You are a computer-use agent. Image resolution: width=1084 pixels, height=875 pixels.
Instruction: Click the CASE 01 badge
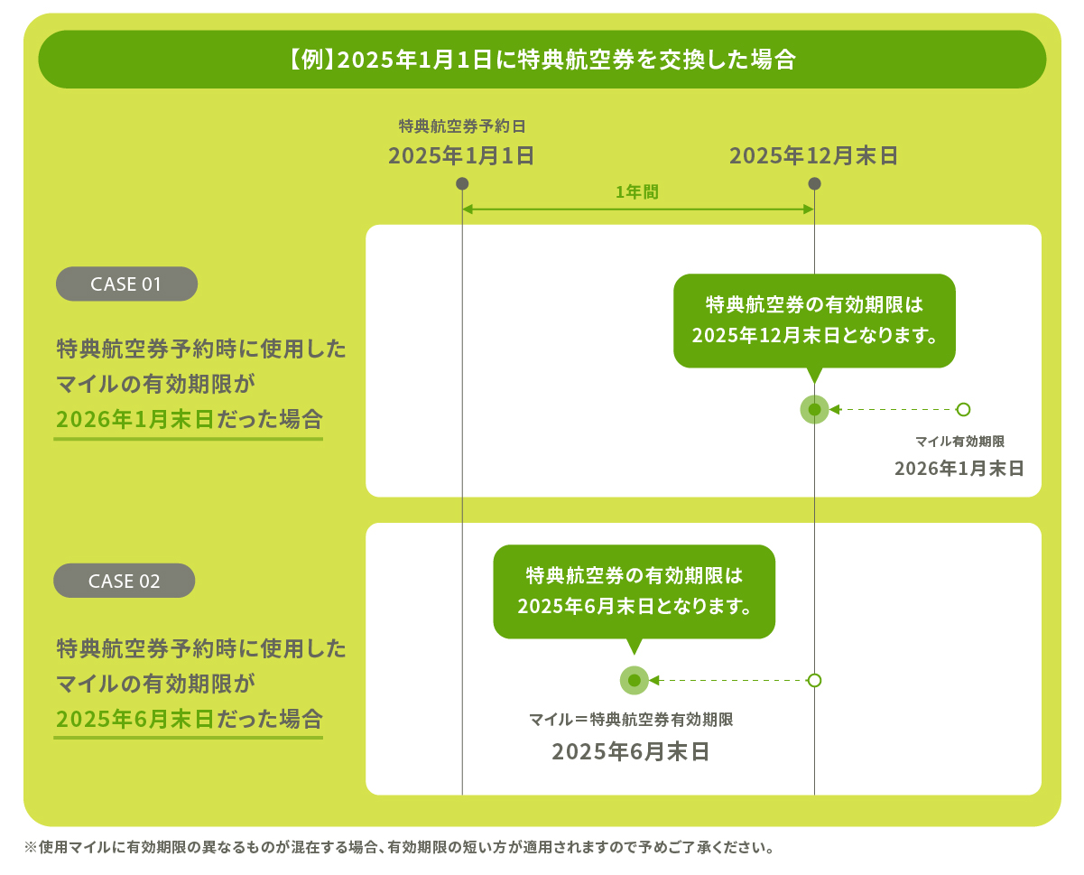tap(126, 284)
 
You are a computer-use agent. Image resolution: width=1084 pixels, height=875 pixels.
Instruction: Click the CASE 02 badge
tap(125, 581)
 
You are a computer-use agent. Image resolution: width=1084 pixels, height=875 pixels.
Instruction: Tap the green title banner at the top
tap(542, 60)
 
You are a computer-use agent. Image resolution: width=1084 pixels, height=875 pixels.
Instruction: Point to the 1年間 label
tap(637, 191)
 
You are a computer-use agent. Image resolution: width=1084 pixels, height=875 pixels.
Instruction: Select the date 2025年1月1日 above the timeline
tap(461, 155)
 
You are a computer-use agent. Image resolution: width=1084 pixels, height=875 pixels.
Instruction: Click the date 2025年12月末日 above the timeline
tap(813, 155)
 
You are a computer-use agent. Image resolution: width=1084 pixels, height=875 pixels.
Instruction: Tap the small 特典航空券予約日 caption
tap(461, 126)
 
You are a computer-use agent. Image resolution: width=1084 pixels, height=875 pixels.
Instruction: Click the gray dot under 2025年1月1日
tap(462, 183)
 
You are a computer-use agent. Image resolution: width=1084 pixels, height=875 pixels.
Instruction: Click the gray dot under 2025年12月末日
tap(814, 183)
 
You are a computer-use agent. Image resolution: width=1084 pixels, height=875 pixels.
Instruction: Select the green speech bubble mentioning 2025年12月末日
tap(814, 321)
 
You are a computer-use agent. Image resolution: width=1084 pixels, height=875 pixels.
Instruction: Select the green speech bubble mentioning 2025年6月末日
tap(634, 591)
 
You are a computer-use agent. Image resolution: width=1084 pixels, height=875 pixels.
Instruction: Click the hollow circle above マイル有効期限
tap(963, 409)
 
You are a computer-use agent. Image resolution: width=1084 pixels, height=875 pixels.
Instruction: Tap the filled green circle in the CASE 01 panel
tap(814, 409)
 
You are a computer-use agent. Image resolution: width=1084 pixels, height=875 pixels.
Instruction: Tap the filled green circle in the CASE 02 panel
tap(634, 680)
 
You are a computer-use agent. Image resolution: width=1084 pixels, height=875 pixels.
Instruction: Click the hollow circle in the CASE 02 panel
tap(814, 680)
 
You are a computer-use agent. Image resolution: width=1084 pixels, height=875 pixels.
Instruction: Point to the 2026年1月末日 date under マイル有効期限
tap(959, 469)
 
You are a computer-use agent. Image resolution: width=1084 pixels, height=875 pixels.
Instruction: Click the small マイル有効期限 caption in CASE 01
tap(959, 442)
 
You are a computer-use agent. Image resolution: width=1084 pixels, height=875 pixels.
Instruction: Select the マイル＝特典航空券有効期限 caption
tap(630, 720)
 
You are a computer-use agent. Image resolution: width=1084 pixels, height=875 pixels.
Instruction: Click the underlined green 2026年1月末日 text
tap(134, 419)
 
